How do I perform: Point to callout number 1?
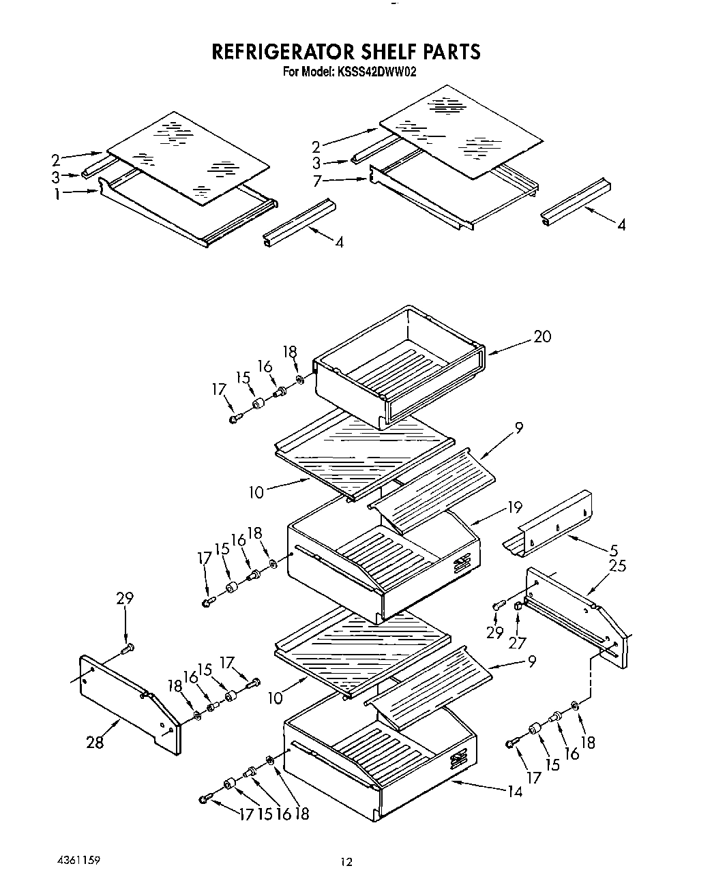(58, 194)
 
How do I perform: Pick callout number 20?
(542, 336)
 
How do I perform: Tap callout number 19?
(514, 507)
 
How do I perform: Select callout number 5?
(614, 550)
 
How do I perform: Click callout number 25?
(617, 565)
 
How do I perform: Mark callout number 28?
(95, 742)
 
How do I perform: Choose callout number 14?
(514, 791)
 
